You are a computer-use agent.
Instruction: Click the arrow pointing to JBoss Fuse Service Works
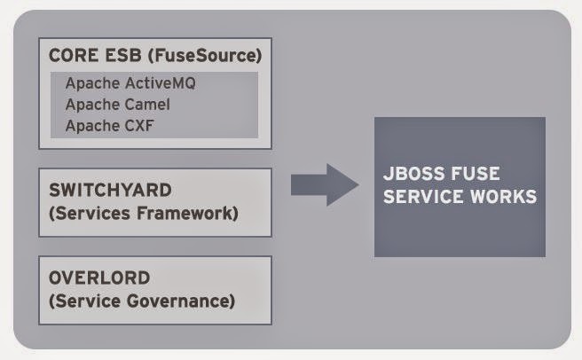pyautogui.click(x=325, y=184)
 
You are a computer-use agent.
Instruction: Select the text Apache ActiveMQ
pyautogui.click(x=130, y=83)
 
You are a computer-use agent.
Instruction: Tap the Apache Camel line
pyautogui.click(x=118, y=105)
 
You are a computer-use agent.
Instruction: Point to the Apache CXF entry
pyautogui.click(x=109, y=125)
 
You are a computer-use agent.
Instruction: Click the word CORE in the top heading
pyautogui.click(x=74, y=56)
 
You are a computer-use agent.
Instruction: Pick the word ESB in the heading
pyautogui.click(x=123, y=56)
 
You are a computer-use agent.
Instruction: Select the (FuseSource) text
pyautogui.click(x=205, y=56)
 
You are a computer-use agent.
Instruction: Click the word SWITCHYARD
pyautogui.click(x=110, y=190)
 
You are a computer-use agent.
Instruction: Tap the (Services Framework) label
pyautogui.click(x=144, y=214)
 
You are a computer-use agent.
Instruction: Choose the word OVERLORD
pyautogui.click(x=99, y=278)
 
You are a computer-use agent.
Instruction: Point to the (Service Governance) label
pyautogui.click(x=142, y=301)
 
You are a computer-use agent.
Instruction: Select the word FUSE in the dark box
pyautogui.click(x=476, y=174)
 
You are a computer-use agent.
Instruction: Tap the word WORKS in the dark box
pyautogui.click(x=504, y=196)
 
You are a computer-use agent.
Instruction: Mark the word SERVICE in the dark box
pyautogui.click(x=423, y=196)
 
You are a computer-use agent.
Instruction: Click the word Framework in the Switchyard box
pyautogui.click(x=187, y=214)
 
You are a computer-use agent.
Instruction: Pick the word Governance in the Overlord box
pyautogui.click(x=181, y=301)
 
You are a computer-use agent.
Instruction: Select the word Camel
pyautogui.click(x=147, y=105)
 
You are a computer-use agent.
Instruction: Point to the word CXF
pyautogui.click(x=139, y=125)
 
